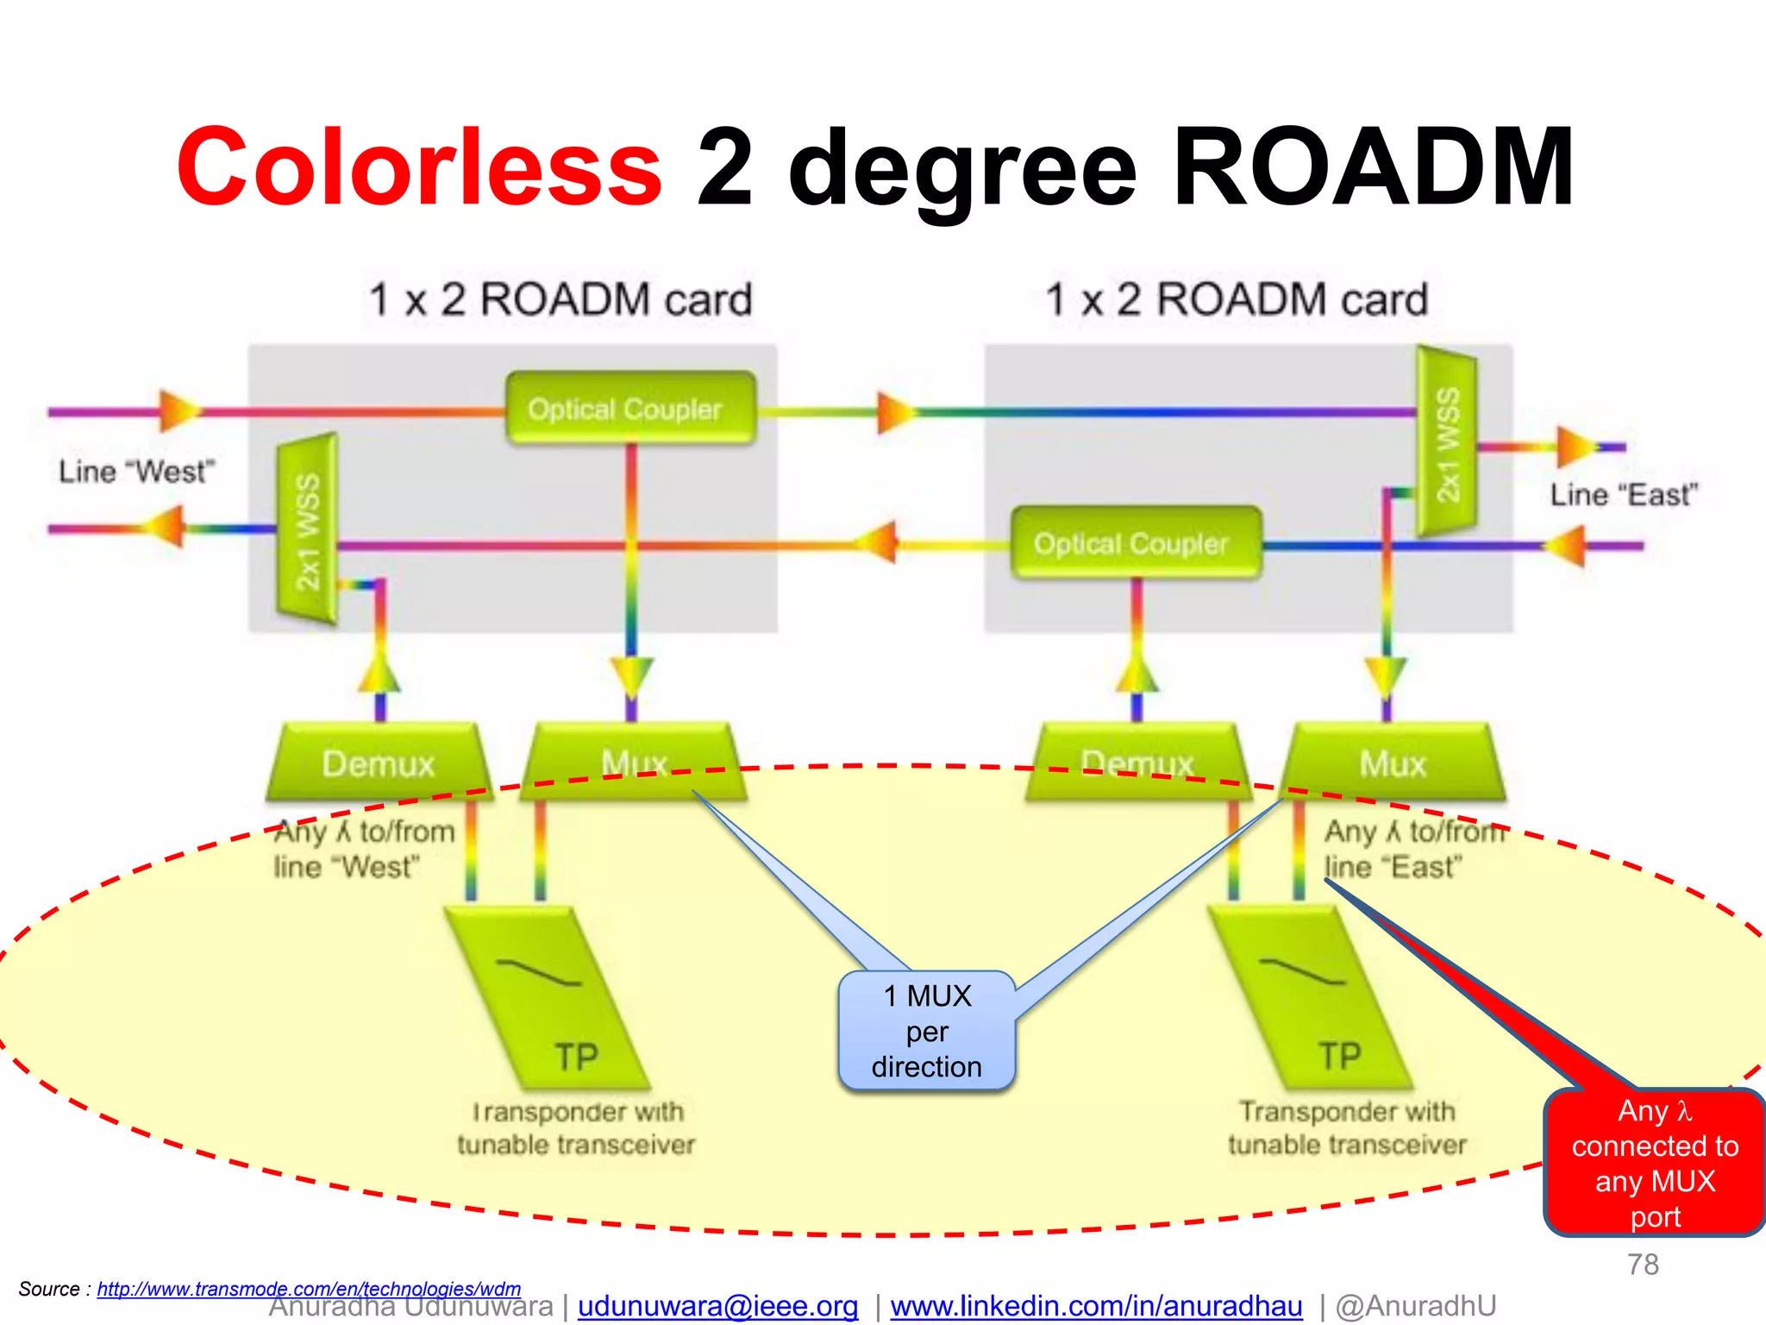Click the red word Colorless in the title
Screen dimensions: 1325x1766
coord(419,167)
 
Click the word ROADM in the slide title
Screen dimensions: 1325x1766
coord(1373,167)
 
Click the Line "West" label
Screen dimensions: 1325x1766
coord(135,472)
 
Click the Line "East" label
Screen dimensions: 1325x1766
coord(1623,495)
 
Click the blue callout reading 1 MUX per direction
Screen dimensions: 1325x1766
coord(927,1032)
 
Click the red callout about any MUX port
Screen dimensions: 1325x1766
coord(1654,1163)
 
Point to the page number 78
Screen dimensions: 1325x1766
coord(1643,1265)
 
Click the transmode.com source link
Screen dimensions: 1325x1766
coord(309,1289)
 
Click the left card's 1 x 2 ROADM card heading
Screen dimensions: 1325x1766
coord(560,300)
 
